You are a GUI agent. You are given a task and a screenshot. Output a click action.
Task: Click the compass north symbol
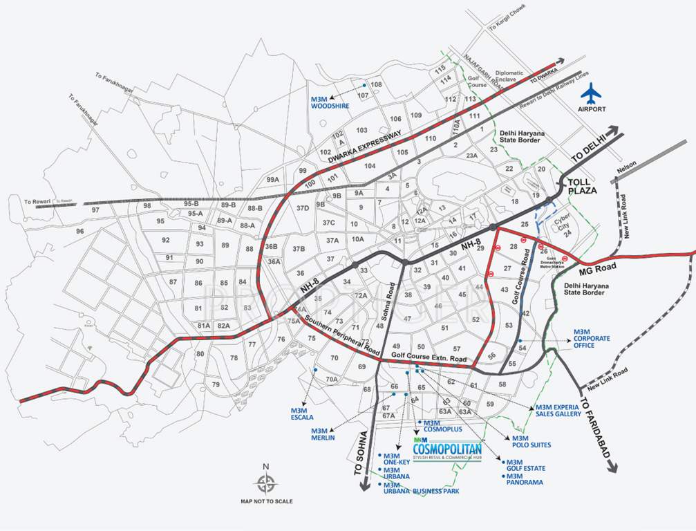coord(266,483)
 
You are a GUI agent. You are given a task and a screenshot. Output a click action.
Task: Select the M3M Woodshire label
coord(330,102)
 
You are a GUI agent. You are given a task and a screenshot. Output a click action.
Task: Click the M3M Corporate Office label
coord(592,342)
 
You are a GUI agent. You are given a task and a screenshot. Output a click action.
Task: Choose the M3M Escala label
coord(302,413)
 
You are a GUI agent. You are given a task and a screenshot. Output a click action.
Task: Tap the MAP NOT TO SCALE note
coord(266,501)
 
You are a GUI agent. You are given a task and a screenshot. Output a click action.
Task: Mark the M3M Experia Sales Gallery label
coord(558,411)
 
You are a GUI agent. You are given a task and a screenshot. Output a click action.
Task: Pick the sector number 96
coord(80,231)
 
